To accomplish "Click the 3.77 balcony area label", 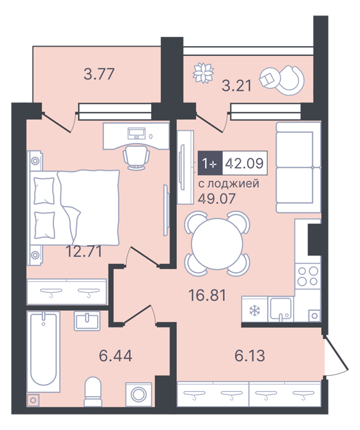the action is coord(99,74).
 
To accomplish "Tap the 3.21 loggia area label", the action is coord(237,85).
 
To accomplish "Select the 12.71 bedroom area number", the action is coord(84,251).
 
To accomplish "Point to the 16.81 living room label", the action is coord(208,295).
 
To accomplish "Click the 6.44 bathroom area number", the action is coord(115,356).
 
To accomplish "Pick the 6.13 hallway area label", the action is coord(250,356).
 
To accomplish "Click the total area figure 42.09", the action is coord(245,163).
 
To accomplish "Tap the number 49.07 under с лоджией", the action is coord(217,198).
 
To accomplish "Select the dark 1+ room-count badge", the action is coord(210,163).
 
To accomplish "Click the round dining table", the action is coord(217,244).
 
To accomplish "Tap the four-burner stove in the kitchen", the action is coord(308,276).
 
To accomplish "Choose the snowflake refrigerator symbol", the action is coord(254,310).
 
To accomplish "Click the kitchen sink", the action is coord(281,309).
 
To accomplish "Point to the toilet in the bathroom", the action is coord(93,391).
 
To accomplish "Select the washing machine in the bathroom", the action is coord(138,394).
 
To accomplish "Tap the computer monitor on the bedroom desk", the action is coord(136,133).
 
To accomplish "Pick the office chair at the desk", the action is coord(136,157).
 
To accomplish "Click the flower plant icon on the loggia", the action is coord(203,72).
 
